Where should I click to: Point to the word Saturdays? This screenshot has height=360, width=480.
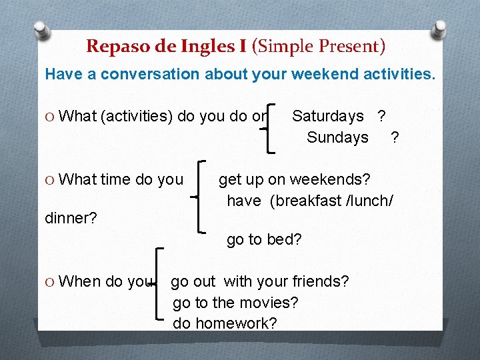[x=328, y=116]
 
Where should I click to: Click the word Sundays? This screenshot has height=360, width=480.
[x=337, y=137]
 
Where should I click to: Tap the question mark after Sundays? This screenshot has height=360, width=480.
[x=395, y=137]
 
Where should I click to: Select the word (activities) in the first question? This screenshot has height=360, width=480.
[x=137, y=116]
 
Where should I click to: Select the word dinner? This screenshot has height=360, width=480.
[x=71, y=218]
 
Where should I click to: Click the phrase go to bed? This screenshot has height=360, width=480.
[x=264, y=239]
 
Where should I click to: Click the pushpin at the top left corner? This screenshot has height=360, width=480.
[x=41, y=30]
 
